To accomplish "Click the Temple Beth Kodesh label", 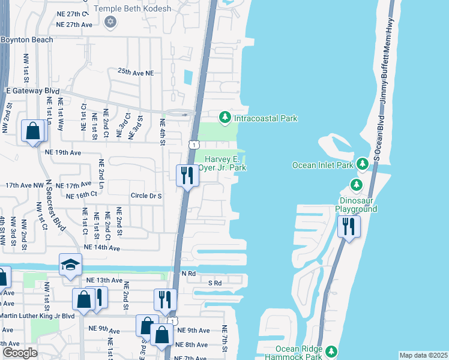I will [137, 9].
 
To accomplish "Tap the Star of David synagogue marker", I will [109, 22].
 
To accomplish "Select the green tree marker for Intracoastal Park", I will [224, 118].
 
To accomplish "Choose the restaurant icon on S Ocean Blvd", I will [348, 227].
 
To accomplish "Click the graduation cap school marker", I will [70, 264].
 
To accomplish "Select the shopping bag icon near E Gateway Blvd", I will [32, 131].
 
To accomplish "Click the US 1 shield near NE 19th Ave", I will [193, 145].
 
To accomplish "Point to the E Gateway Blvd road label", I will [32, 91].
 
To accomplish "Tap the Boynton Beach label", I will [27, 40].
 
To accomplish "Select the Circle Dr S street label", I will [146, 196].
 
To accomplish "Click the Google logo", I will [19, 353].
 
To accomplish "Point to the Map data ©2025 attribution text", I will [423, 355].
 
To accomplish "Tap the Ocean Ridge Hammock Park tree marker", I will [331, 350].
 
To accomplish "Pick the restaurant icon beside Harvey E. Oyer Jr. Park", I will [187, 175].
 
